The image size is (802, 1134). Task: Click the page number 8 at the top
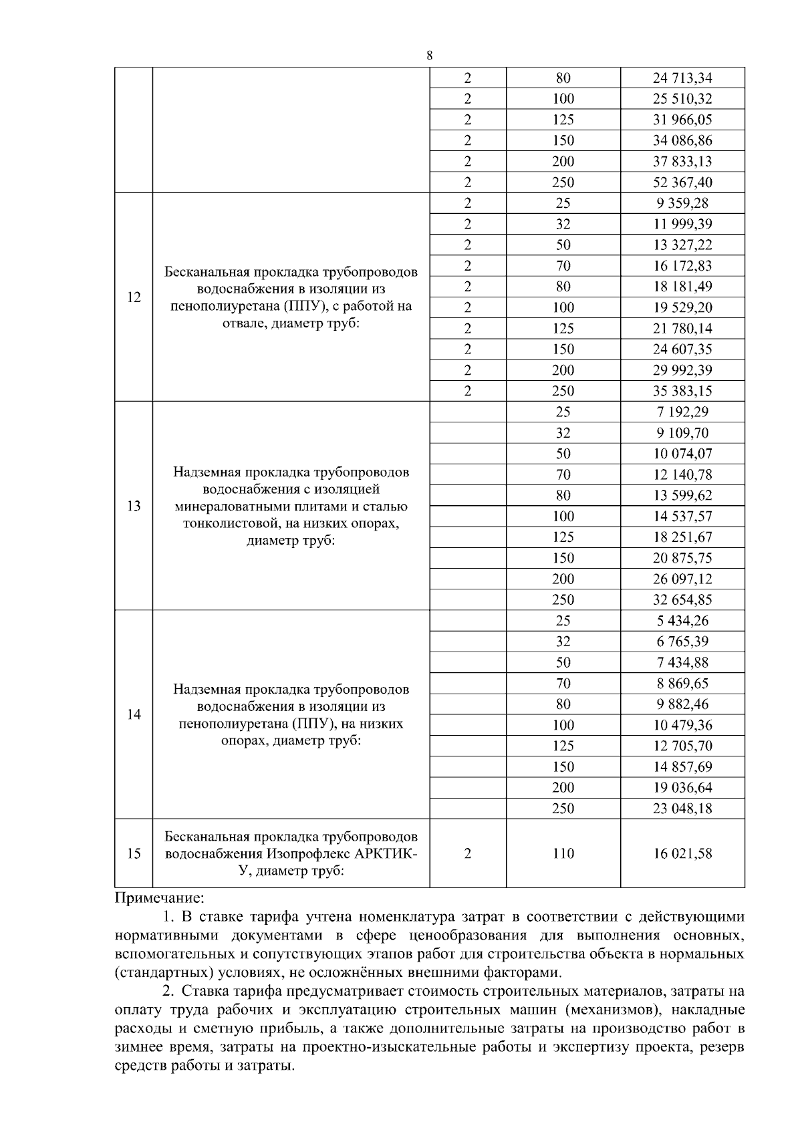[429, 56]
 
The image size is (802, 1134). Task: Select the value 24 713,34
[682, 78]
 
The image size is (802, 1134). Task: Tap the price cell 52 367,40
[682, 182]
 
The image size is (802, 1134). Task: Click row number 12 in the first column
[134, 297]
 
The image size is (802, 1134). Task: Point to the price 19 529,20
[682, 307]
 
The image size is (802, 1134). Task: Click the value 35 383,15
[682, 391]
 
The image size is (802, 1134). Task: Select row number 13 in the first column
[134, 506]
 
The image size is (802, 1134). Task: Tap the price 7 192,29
[682, 412]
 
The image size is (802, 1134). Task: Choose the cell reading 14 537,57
[682, 516]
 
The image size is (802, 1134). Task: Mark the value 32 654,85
[682, 599]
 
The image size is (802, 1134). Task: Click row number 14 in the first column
[134, 714]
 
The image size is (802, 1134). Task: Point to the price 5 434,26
[682, 620]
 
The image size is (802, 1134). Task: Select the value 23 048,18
[682, 808]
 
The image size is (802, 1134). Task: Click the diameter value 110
[563, 853]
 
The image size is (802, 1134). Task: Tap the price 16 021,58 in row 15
[682, 853]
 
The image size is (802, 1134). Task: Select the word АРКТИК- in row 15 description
[386, 854]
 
